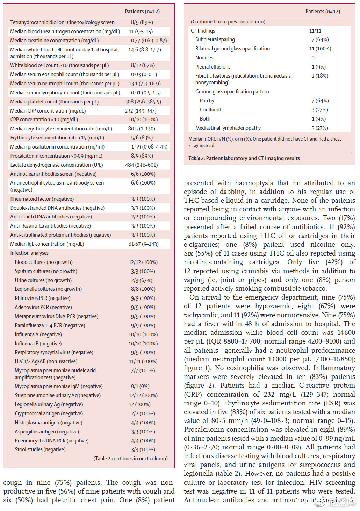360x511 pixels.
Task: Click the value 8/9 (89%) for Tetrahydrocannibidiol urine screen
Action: (x=142, y=22)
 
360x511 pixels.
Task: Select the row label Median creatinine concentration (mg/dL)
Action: (x=55, y=41)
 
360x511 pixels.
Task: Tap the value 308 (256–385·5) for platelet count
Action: (x=143, y=102)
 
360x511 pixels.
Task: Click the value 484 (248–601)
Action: (x=141, y=165)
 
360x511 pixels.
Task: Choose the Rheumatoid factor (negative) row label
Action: (x=42, y=199)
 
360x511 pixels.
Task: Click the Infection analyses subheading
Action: (x=29, y=253)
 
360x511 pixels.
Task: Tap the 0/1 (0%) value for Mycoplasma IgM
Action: (x=140, y=386)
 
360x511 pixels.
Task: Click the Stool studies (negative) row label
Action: (x=40, y=449)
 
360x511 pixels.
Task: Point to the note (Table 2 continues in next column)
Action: (x=130, y=459)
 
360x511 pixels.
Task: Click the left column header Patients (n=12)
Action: (x=142, y=12)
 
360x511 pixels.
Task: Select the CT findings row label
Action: (x=203, y=31)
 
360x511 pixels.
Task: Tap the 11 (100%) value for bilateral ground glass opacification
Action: (x=320, y=49)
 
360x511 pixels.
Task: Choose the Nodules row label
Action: (x=204, y=58)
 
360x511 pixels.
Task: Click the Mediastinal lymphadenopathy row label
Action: (x=228, y=128)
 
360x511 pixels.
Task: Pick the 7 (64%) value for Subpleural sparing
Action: (x=320, y=39)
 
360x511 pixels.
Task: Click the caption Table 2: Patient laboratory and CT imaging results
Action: (x=244, y=158)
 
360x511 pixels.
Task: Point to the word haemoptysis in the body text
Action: (x=254, y=183)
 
